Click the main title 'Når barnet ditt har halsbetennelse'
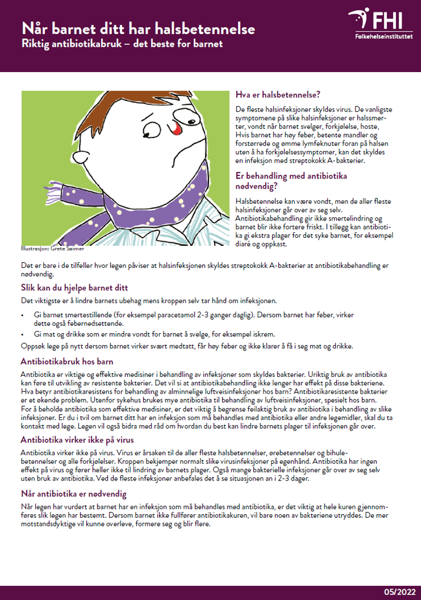pyautogui.click(x=138, y=28)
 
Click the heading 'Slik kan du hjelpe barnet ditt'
pyautogui.click(x=74, y=288)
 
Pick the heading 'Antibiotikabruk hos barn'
pyautogui.click(x=67, y=362)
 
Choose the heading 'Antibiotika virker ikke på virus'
pyautogui.click(x=77, y=439)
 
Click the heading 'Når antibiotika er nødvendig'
pyautogui.click(x=74, y=494)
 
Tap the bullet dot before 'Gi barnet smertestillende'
pyautogui.click(x=23, y=315)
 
